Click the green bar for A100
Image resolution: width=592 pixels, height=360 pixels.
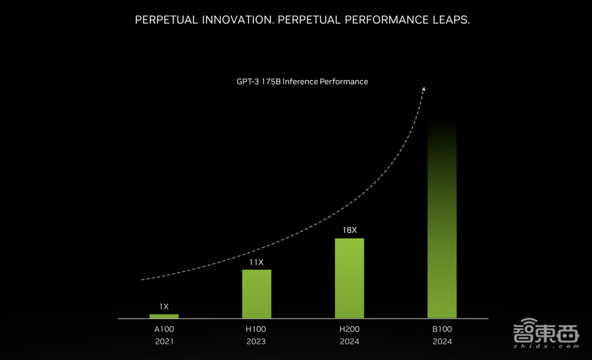coord(164,316)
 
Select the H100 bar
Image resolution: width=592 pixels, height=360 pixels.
coord(256,294)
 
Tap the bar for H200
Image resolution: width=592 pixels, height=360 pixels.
coord(349,278)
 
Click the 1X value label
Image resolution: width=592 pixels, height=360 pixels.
coord(164,307)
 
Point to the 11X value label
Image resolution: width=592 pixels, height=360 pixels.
coord(256,262)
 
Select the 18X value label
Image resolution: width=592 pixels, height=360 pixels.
coord(349,230)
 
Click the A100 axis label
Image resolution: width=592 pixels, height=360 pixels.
coord(164,329)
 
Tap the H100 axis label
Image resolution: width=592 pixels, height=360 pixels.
coord(256,329)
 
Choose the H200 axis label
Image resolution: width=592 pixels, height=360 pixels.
coord(349,329)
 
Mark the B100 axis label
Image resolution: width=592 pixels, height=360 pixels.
coord(442,329)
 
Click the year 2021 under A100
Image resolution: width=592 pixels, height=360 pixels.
coord(164,342)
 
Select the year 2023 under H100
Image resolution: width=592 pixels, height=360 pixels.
coord(256,342)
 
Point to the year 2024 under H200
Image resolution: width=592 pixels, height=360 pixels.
coord(349,342)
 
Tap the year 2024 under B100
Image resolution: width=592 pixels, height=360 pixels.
coord(442,342)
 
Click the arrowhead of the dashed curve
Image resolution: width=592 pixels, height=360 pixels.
coord(423,88)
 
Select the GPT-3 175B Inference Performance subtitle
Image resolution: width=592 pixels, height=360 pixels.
coord(302,81)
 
